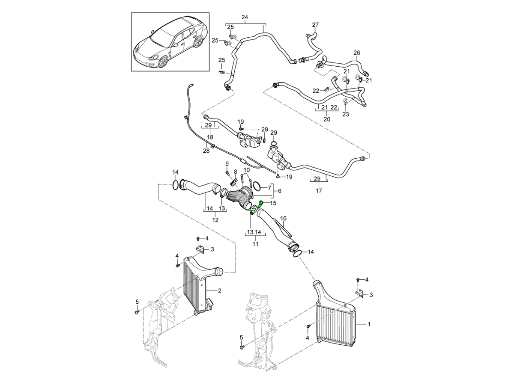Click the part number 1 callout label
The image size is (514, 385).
pyautogui.click(x=369, y=325)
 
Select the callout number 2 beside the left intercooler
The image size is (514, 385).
pyautogui.click(x=219, y=291)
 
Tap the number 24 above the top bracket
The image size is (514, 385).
pyautogui.click(x=245, y=18)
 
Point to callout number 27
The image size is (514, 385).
pyautogui.click(x=315, y=25)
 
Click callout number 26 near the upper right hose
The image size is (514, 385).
pyautogui.click(x=357, y=53)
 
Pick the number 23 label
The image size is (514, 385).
pyautogui.click(x=346, y=114)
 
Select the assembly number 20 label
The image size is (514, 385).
pyautogui.click(x=327, y=120)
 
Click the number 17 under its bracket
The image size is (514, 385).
pyautogui.click(x=319, y=191)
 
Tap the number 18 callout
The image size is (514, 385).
pyautogui.click(x=210, y=137)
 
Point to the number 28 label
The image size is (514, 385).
pyautogui.click(x=206, y=151)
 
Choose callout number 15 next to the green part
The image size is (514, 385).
pyautogui.click(x=273, y=203)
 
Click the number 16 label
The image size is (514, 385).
pyautogui.click(x=283, y=219)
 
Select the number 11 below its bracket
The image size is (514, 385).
pyautogui.click(x=255, y=244)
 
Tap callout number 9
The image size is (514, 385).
pyautogui.click(x=227, y=164)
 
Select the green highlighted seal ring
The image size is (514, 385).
pyautogui.click(x=253, y=210)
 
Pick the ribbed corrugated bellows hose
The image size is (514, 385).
pyautogui.click(x=238, y=198)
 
